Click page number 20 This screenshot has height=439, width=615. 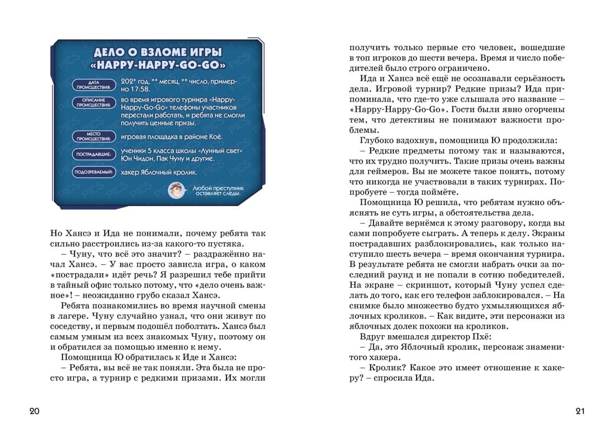(x=34, y=412)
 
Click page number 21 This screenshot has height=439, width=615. (x=580, y=412)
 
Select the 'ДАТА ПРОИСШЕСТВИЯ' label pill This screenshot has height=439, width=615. (x=93, y=85)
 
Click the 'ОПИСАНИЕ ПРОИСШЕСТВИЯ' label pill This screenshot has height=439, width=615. (x=93, y=103)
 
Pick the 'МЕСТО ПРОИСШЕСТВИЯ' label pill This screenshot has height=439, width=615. (x=93, y=136)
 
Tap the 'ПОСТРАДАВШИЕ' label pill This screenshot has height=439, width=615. (x=93, y=154)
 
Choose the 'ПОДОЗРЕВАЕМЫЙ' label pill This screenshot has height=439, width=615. (x=93, y=173)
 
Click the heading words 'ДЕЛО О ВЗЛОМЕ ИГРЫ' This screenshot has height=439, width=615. (x=157, y=53)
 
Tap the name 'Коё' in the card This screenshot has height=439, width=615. (x=215, y=136)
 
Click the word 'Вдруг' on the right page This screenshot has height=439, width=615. (x=372, y=337)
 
